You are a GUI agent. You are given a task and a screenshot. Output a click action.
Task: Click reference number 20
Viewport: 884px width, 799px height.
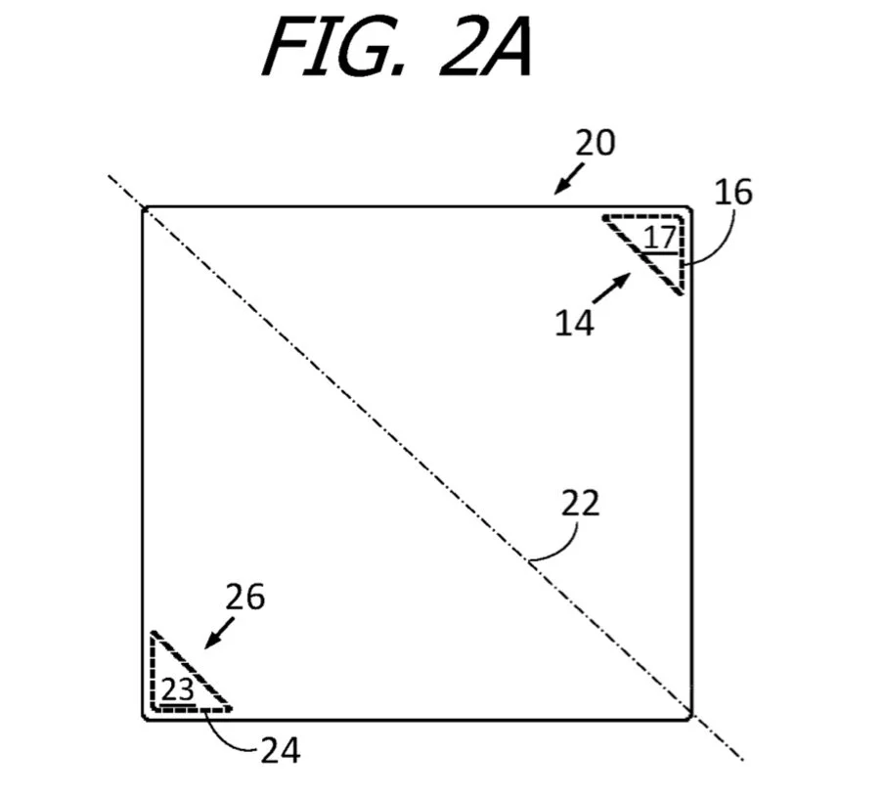(x=595, y=143)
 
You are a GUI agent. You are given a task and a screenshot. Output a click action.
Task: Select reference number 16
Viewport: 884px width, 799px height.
(x=732, y=192)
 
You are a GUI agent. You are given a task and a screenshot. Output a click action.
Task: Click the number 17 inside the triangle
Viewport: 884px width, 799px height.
(x=659, y=236)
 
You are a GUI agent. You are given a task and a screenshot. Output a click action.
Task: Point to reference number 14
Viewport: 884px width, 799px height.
(x=574, y=323)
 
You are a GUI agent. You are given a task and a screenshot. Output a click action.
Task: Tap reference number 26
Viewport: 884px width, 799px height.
(x=244, y=596)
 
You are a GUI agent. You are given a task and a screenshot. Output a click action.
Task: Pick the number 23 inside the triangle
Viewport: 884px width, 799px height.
(x=177, y=689)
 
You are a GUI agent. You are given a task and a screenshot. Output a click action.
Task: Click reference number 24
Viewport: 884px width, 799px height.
(x=281, y=750)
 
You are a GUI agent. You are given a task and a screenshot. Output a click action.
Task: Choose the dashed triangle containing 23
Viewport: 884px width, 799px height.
(x=182, y=681)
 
